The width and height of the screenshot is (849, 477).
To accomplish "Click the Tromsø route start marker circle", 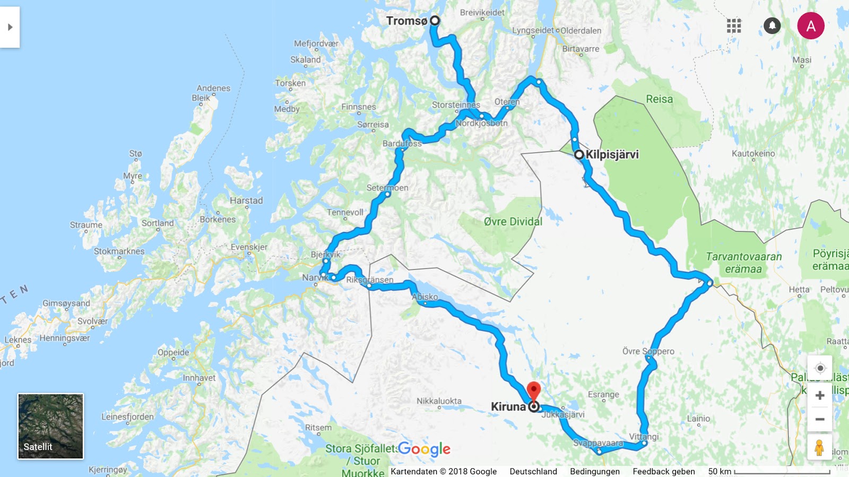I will pyautogui.click(x=435, y=21).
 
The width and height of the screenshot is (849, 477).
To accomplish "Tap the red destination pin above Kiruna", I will pyautogui.click(x=533, y=391).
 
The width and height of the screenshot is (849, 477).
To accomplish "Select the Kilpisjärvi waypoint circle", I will pyautogui.click(x=579, y=154).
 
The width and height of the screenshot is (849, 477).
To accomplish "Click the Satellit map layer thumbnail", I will pyautogui.click(x=50, y=426).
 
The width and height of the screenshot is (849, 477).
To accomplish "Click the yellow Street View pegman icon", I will pyautogui.click(x=819, y=447).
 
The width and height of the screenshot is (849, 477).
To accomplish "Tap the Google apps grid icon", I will pyautogui.click(x=734, y=25).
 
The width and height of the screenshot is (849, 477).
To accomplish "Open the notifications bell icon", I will pyautogui.click(x=772, y=25).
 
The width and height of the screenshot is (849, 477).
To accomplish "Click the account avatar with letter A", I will pyautogui.click(x=811, y=26).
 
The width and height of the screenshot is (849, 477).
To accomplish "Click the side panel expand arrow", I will pyautogui.click(x=10, y=27).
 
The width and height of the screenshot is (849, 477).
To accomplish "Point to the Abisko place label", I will pyautogui.click(x=425, y=297).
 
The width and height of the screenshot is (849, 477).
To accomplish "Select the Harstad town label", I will pyautogui.click(x=246, y=201).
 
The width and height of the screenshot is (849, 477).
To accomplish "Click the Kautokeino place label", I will pyautogui.click(x=753, y=153).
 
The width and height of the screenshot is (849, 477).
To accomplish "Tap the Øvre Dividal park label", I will pyautogui.click(x=513, y=222).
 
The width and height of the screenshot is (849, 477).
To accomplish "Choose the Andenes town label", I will pyautogui.click(x=213, y=88).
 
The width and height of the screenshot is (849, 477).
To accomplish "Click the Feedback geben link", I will pyautogui.click(x=663, y=471).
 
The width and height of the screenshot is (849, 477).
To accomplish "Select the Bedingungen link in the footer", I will pyautogui.click(x=594, y=471).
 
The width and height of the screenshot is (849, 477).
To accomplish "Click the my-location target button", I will pyautogui.click(x=820, y=368).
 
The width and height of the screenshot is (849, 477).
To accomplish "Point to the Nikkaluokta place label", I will pyautogui.click(x=439, y=401).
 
